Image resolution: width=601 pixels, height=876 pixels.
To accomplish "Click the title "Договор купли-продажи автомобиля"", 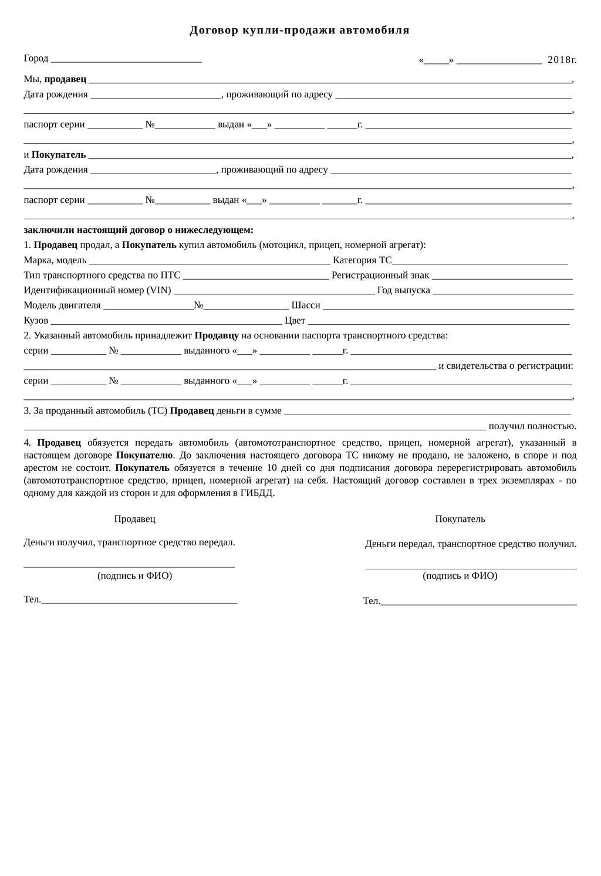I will pyautogui.click(x=299, y=30).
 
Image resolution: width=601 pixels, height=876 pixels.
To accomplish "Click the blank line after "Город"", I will pyautogui.click(x=126, y=59).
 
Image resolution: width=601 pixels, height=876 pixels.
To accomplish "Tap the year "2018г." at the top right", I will pyautogui.click(x=562, y=60).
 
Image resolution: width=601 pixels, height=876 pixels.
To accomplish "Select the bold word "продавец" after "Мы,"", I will pyautogui.click(x=65, y=79).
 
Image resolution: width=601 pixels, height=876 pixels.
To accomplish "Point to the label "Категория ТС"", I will pyautogui.click(x=362, y=260).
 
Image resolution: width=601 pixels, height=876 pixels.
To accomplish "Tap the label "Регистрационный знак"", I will pyautogui.click(x=380, y=276).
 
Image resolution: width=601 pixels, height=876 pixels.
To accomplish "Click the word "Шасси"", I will pyautogui.click(x=306, y=305).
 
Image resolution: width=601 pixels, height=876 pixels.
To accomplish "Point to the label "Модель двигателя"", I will pyautogui.click(x=62, y=305).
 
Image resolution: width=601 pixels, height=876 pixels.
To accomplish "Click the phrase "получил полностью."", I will pyautogui.click(x=532, y=426).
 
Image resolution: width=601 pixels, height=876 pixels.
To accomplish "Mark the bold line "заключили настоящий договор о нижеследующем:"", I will pyautogui.click(x=139, y=230).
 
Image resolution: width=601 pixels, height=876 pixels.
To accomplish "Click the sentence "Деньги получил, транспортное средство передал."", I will pyautogui.click(x=129, y=542).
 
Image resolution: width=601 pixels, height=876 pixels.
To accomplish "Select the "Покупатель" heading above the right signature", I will pyautogui.click(x=460, y=519).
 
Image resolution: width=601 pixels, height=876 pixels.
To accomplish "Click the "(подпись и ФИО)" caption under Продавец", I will pyautogui.click(x=134, y=576).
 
